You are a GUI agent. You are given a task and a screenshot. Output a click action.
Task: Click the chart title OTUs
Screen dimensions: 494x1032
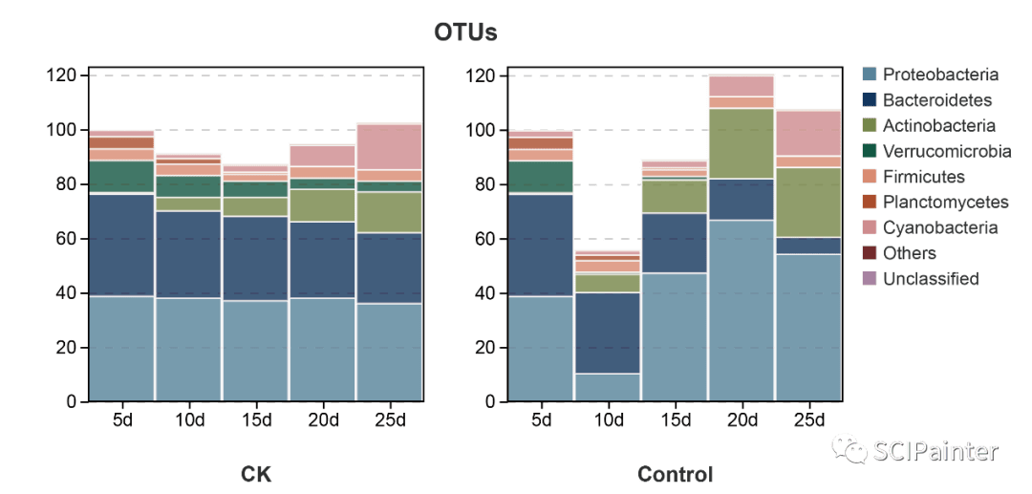coord(465,32)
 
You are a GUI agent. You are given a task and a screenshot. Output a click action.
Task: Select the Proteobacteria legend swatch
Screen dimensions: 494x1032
coord(870,75)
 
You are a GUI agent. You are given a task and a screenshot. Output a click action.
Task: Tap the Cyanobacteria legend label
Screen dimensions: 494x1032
coord(940,228)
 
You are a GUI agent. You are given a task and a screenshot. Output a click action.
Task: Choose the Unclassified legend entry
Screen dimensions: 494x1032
coord(930,279)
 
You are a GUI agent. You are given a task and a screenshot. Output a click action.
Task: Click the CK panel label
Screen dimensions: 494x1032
coord(256,474)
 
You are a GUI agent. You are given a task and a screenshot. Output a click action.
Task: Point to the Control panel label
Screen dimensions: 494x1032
coord(675,474)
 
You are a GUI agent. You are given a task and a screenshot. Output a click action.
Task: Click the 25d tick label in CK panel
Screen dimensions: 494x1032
coord(390,420)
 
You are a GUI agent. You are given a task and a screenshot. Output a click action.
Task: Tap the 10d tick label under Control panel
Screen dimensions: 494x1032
coord(608,420)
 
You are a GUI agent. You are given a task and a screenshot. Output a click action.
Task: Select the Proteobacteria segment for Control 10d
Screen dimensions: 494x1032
coord(608,387)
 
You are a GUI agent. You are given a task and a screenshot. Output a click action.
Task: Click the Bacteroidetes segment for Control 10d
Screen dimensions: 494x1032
coord(608,333)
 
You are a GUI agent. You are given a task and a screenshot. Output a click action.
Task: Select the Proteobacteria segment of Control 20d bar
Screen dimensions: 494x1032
coord(742,311)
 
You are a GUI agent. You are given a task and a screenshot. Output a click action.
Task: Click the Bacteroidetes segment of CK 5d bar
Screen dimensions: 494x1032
coord(122,245)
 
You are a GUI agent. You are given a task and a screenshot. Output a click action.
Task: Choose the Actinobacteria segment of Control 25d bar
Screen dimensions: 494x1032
coord(808,202)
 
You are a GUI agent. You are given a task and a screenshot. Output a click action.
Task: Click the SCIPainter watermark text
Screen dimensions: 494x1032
coord(936,451)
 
